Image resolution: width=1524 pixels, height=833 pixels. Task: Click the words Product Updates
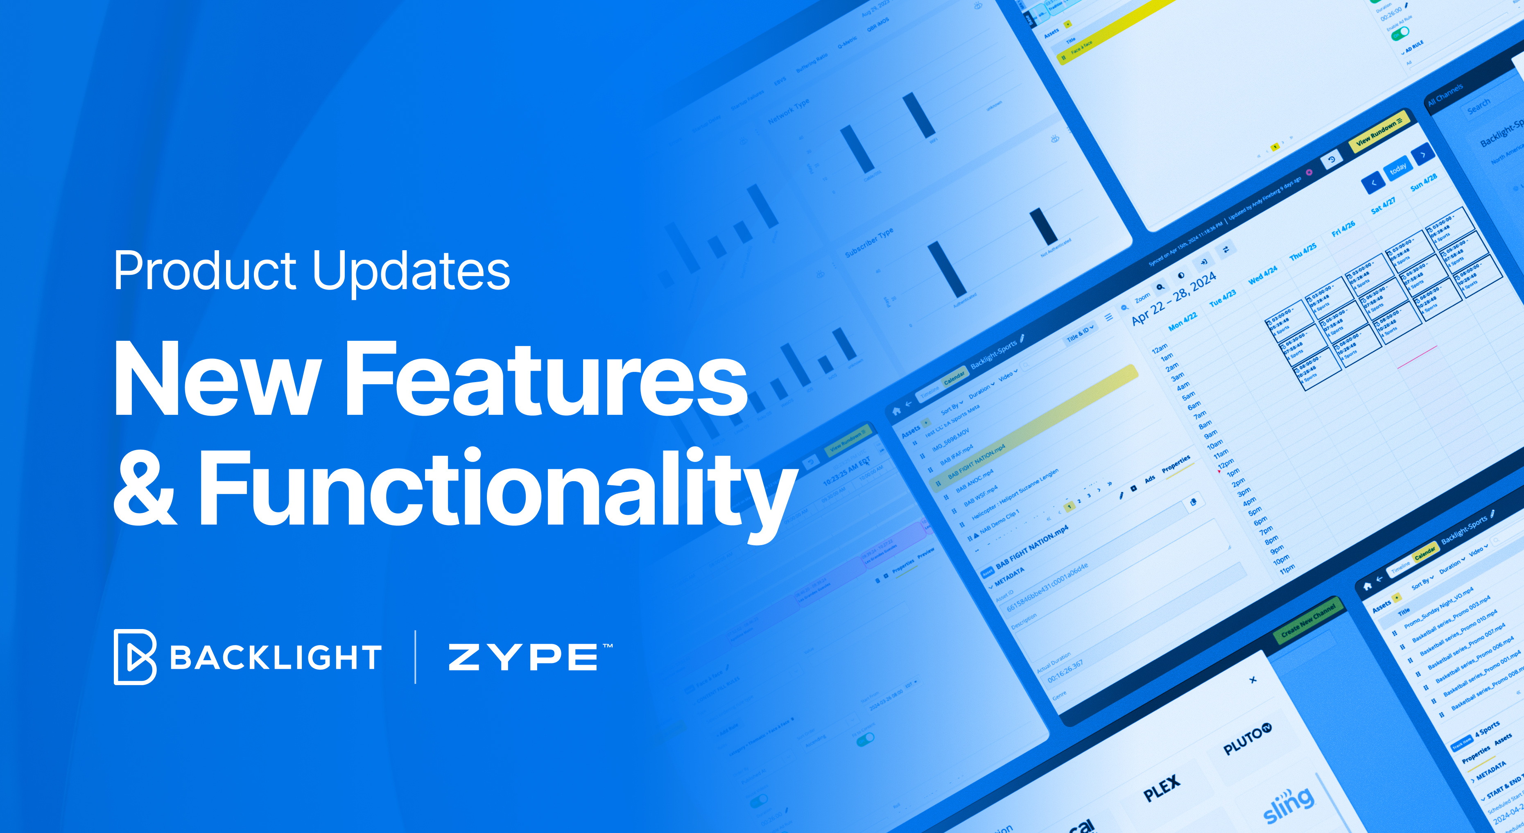[x=312, y=271]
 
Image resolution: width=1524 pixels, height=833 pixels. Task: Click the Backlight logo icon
[x=135, y=657]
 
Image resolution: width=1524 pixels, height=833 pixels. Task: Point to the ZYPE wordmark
[x=524, y=657]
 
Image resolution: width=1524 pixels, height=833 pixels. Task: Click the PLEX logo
[x=1161, y=788]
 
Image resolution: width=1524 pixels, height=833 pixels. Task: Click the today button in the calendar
[x=1398, y=168]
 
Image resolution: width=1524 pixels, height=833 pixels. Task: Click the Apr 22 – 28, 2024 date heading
[x=1174, y=298]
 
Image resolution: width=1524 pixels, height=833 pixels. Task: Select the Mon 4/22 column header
[x=1183, y=320]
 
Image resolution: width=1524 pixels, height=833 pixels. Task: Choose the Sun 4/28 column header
[x=1423, y=181]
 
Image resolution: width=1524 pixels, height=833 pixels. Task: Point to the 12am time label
[x=1160, y=348]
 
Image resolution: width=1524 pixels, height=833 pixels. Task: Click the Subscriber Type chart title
[x=868, y=242]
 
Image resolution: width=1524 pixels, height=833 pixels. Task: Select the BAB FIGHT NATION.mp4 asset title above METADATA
[x=1032, y=547]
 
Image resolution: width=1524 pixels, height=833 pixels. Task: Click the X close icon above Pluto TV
[x=1253, y=680]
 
